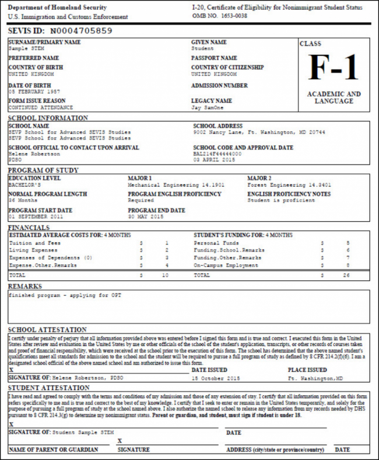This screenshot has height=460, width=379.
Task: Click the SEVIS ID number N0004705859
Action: pos(80,30)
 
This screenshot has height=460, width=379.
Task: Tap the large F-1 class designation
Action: pos(333,68)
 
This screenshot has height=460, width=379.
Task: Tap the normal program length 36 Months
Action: pos(22,200)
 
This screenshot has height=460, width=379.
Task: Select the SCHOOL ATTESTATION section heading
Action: pos(48,330)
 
